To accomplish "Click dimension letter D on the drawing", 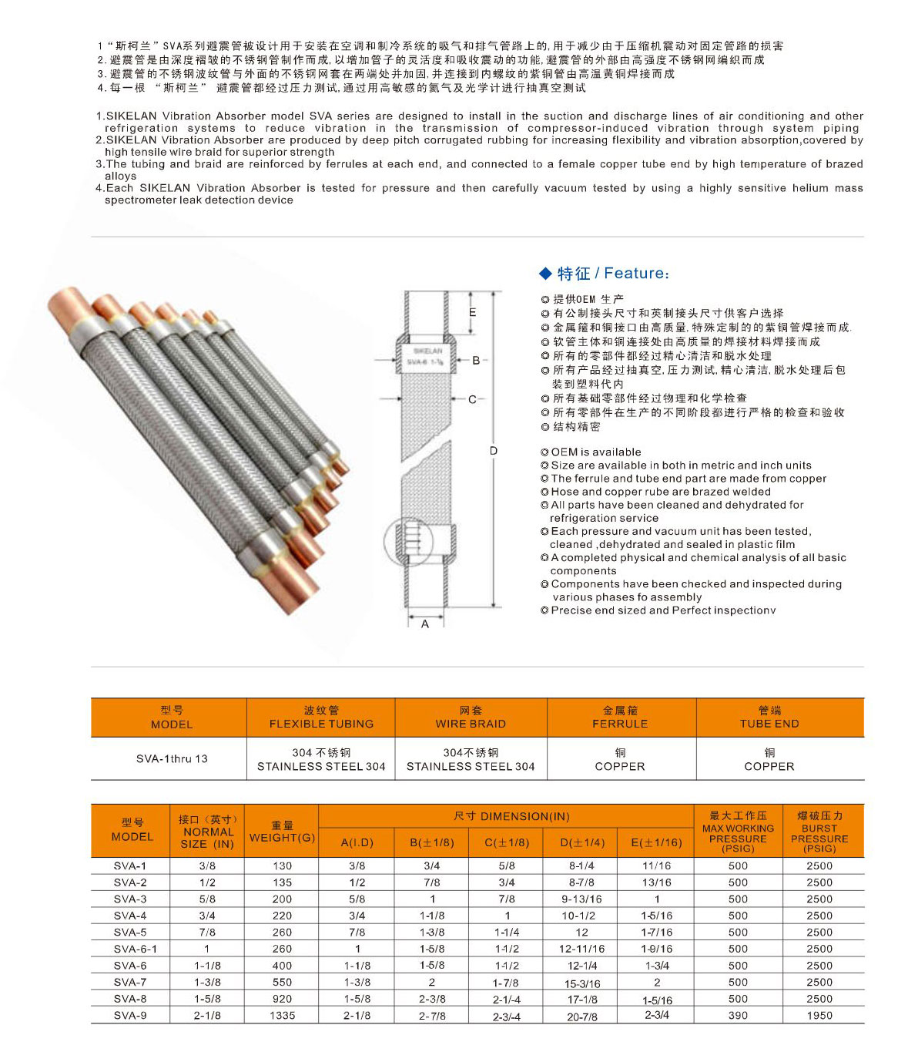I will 494,451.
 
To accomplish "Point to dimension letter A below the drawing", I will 425,623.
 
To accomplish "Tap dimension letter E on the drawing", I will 473,312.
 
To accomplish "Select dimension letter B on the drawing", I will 476,360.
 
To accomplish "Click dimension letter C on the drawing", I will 472,399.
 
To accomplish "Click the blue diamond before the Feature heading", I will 545,274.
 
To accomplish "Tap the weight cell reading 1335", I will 282,1016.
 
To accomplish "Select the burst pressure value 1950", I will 819,1016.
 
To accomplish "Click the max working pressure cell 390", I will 738,1016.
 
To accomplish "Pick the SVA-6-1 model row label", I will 135,949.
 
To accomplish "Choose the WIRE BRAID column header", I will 471,718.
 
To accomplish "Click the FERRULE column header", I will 620,718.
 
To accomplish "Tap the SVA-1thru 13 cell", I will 172,758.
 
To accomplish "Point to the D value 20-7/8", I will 582,1017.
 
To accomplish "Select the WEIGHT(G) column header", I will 282,831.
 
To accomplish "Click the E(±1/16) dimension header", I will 656,842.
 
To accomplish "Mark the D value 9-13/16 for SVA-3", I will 582,899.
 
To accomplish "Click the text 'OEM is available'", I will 596,452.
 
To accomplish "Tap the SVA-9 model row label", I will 130,1016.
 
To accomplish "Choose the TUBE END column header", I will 769,718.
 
